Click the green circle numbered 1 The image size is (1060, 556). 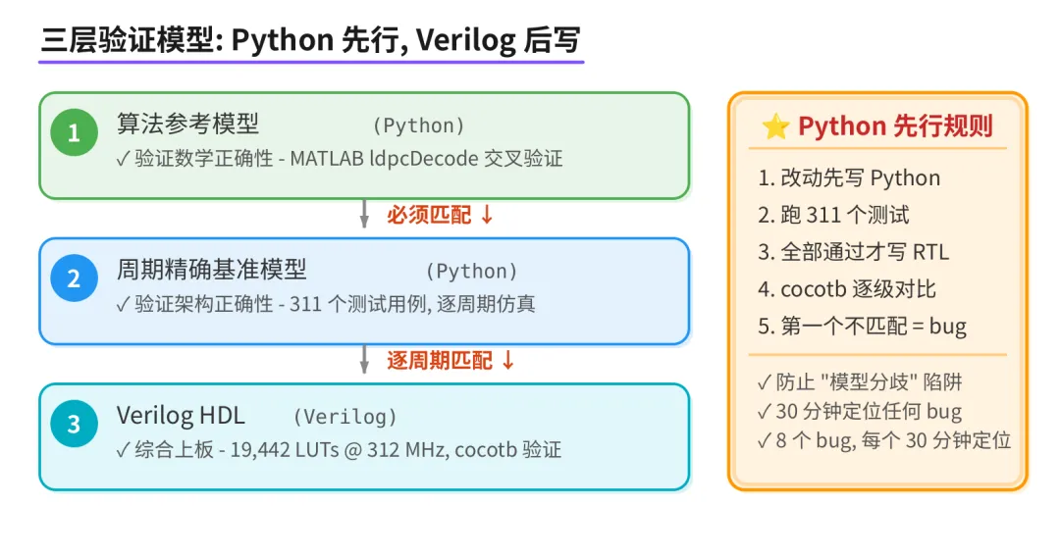[x=74, y=133]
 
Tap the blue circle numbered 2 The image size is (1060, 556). [x=74, y=278]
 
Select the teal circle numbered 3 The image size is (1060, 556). [x=74, y=425]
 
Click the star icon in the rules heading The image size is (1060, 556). [x=775, y=126]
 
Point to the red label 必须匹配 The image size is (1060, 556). [x=429, y=215]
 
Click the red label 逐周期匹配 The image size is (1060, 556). [x=440, y=360]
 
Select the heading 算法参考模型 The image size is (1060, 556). [x=187, y=125]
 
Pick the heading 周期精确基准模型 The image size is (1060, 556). [x=211, y=270]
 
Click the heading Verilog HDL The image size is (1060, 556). [x=181, y=415]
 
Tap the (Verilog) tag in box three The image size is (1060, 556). [x=344, y=417]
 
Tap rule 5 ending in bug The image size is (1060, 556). [x=862, y=327]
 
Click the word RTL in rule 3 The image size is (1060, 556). [x=929, y=252]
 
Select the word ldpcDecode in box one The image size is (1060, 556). [x=423, y=158]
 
